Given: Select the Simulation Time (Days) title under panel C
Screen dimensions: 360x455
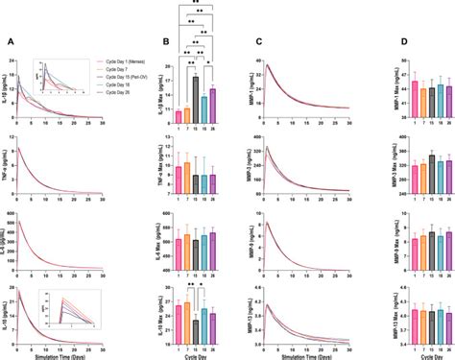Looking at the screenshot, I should [303, 354].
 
